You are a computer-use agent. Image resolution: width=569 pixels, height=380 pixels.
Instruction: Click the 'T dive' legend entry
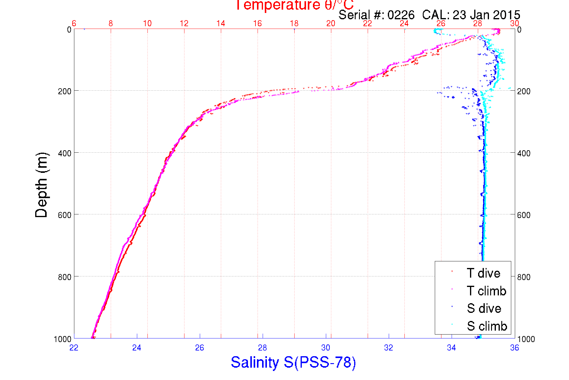pos(483,273)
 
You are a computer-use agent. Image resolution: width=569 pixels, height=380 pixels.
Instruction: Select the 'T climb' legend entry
pos(486,291)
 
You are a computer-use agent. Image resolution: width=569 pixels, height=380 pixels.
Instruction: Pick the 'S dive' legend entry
pos(484,308)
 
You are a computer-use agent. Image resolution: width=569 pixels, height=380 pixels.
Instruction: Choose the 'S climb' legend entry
pos(487,326)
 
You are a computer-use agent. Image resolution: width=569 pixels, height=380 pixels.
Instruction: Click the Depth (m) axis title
pos(42,185)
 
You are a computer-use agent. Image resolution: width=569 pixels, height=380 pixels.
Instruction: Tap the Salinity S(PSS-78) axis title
pos(293,362)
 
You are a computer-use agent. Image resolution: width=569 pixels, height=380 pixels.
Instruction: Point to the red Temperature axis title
pos(294,5)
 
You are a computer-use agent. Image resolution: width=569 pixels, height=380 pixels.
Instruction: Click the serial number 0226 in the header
pos(401,15)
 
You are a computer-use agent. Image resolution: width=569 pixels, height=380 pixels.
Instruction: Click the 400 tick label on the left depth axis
pos(64,153)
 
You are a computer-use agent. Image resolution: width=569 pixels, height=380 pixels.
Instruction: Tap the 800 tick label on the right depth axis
pos(524,277)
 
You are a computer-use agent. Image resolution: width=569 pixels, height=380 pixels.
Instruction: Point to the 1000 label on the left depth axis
pos(63,339)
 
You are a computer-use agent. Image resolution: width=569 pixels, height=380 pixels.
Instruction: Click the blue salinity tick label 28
pos(262,348)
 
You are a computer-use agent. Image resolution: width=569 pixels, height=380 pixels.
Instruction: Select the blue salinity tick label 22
pos(74,348)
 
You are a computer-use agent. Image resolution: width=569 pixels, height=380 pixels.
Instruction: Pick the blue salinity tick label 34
pos(451,348)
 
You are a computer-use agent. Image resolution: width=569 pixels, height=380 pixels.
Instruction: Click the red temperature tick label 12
pos(184,23)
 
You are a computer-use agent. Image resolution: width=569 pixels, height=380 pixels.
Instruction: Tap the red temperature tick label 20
pos(331,23)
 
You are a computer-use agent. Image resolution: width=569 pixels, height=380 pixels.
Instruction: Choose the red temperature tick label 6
pos(74,23)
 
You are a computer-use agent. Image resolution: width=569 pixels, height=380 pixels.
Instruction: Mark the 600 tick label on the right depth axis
pos(524,215)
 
